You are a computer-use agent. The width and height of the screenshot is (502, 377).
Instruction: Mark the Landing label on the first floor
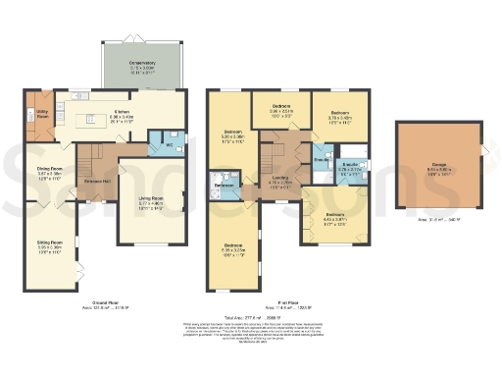[x=280, y=178]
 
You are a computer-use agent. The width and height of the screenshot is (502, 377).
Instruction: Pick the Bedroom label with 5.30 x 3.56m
[x=232, y=134]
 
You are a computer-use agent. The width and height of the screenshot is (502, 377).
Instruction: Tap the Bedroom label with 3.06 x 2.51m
[x=281, y=111]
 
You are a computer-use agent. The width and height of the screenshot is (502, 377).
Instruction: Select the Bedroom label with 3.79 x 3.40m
[x=338, y=115]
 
